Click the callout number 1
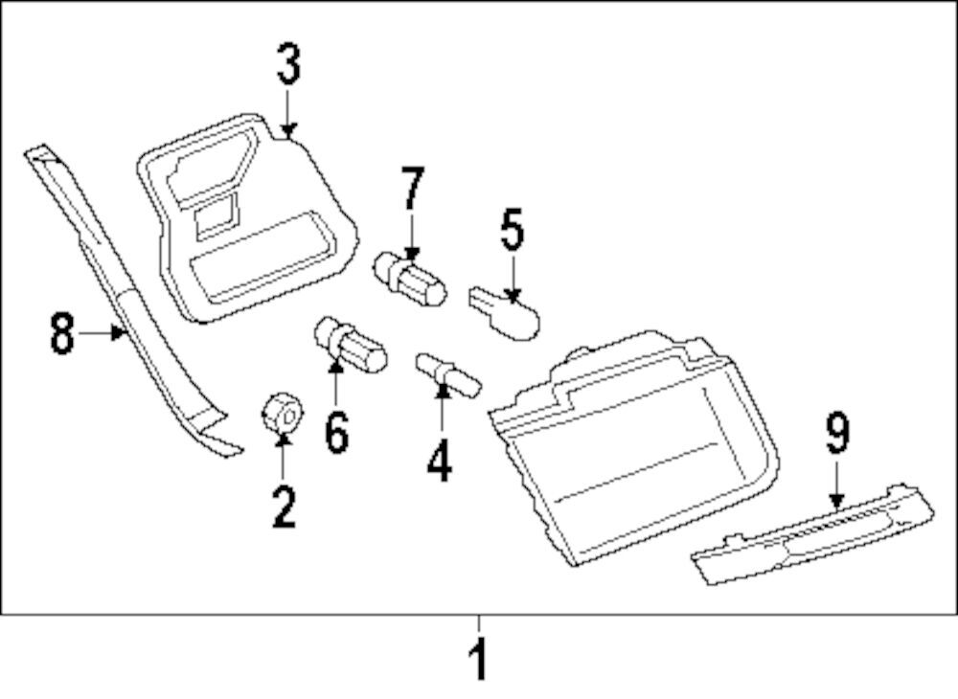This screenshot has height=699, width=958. (x=478, y=662)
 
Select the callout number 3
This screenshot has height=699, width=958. (x=289, y=64)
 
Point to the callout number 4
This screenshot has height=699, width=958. (x=439, y=461)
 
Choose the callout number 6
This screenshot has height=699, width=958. (x=336, y=432)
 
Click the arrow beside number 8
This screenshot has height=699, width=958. (x=103, y=333)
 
